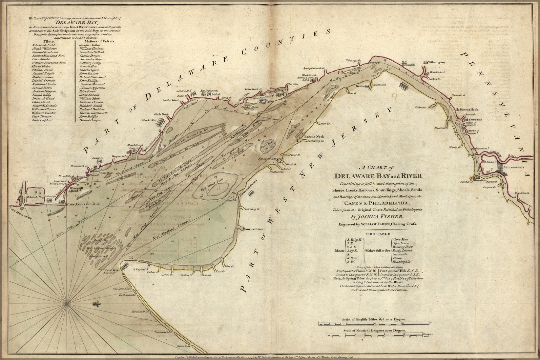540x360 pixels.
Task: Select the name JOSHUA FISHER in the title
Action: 378,216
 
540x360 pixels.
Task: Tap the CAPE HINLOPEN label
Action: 11,210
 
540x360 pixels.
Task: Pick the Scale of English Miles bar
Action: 374,324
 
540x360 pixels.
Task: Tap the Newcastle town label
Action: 408,65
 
